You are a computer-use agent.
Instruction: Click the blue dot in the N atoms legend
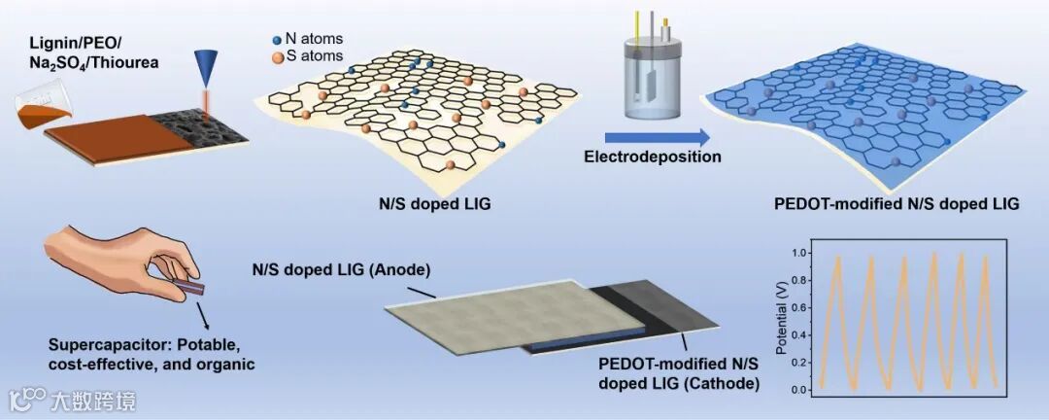pyautogui.click(x=277, y=39)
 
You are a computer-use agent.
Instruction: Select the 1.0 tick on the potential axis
pyautogui.click(x=802, y=252)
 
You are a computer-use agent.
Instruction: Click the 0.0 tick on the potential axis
pyautogui.click(x=802, y=390)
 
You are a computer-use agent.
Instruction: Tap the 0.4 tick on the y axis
pyautogui.click(x=802, y=334)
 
